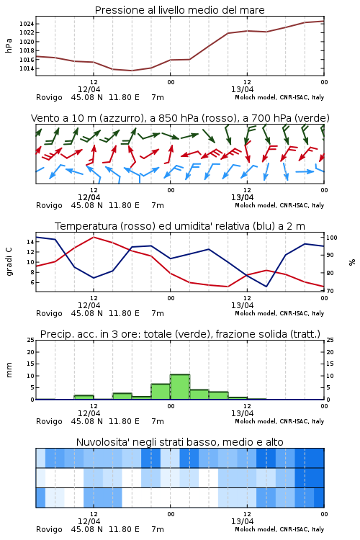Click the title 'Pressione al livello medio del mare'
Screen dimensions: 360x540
coord(180,10)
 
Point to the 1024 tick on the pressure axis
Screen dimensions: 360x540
coord(27,24)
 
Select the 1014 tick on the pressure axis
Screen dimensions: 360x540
coord(27,68)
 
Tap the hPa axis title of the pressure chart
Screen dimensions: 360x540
coord(9,46)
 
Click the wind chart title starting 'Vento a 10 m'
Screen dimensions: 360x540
coord(180,118)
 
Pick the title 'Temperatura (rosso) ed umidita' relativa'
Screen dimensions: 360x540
coord(180,226)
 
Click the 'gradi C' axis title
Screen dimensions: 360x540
coord(9,262)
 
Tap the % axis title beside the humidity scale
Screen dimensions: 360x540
coord(352,262)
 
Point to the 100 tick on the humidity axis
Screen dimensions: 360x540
coord(331,238)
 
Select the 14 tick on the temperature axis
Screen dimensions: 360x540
coord(30,242)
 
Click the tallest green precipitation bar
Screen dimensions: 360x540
coord(180,387)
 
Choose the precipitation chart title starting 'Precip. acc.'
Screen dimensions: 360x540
coord(180,334)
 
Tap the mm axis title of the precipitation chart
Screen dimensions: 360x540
coord(9,370)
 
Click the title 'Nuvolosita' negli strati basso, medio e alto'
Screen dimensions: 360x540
coord(180,442)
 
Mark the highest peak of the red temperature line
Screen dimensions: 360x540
coord(94,237)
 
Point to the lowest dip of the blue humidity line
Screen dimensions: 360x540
coord(266,287)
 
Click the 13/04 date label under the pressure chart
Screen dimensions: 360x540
coord(242,89)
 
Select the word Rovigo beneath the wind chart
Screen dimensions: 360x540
coord(49,206)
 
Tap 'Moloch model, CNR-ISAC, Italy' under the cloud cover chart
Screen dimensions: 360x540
coord(279,529)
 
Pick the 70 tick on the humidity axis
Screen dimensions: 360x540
coord(330,291)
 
